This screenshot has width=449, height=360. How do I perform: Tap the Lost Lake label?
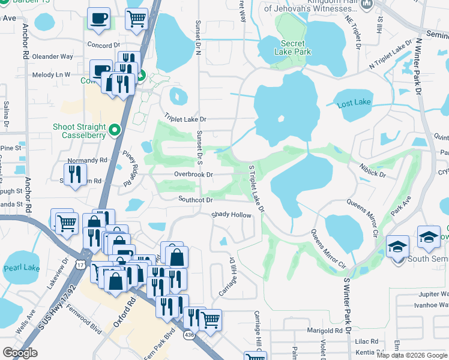coord(354,103)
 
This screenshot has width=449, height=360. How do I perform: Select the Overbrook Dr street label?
coord(193,175)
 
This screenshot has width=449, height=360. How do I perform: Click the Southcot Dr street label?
coord(195,199)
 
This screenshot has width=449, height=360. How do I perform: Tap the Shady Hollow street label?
coord(231,215)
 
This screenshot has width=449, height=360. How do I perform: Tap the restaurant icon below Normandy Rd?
coord(74,175)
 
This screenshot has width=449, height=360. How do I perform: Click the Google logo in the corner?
coord(20,353)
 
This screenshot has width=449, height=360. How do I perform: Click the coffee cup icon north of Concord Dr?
coord(98,19)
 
